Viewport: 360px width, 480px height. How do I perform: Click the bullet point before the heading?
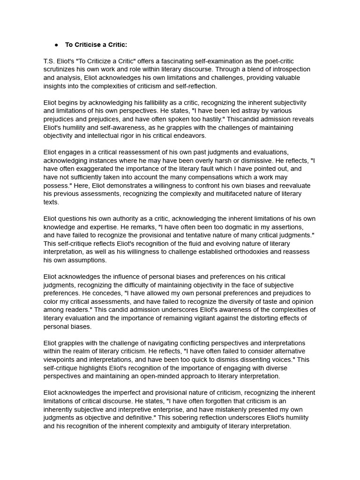[x=56, y=45]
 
